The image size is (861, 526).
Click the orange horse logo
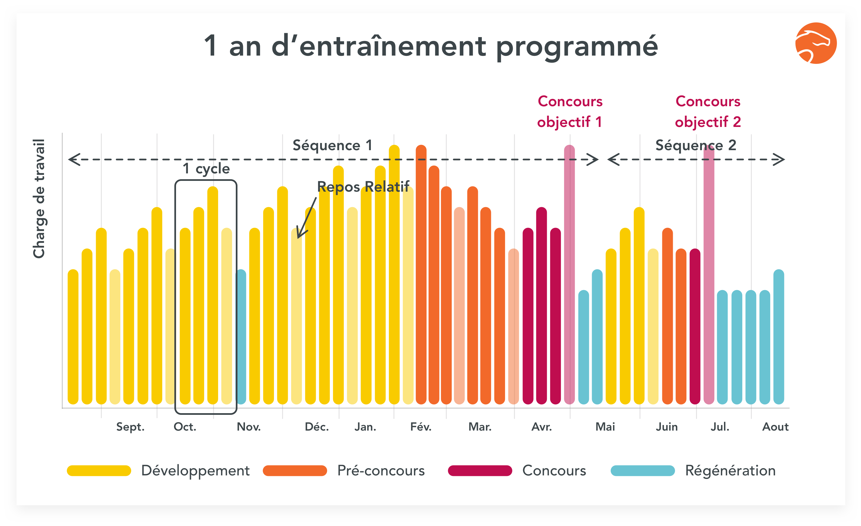point(816,43)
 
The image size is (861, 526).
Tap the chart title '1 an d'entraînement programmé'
point(431,46)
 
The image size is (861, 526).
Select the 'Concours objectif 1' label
point(570,112)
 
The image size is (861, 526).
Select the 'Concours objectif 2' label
point(708,112)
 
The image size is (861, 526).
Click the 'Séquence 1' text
point(332,145)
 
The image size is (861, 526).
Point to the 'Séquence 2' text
point(695,145)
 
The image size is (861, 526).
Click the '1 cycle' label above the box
point(206,169)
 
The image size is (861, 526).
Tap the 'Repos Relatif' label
point(363,187)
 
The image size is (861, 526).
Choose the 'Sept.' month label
point(130,427)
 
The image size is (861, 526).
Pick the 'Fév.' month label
point(421,427)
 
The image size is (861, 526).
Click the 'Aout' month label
point(775,427)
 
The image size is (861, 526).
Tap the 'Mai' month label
point(605,427)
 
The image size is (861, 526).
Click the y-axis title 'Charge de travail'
point(39,199)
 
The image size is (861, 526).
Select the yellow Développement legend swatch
point(99,471)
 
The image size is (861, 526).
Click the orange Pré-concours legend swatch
point(294,471)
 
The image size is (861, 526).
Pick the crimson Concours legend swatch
point(480,471)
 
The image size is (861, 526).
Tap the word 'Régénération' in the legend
point(730,471)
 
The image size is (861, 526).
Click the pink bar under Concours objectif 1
point(569,279)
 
